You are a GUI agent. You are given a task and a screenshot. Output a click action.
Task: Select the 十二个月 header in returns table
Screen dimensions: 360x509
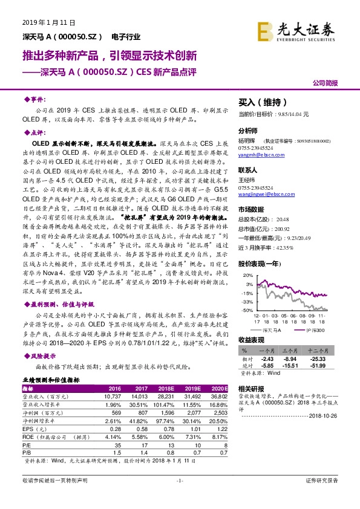(x=318, y=349)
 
